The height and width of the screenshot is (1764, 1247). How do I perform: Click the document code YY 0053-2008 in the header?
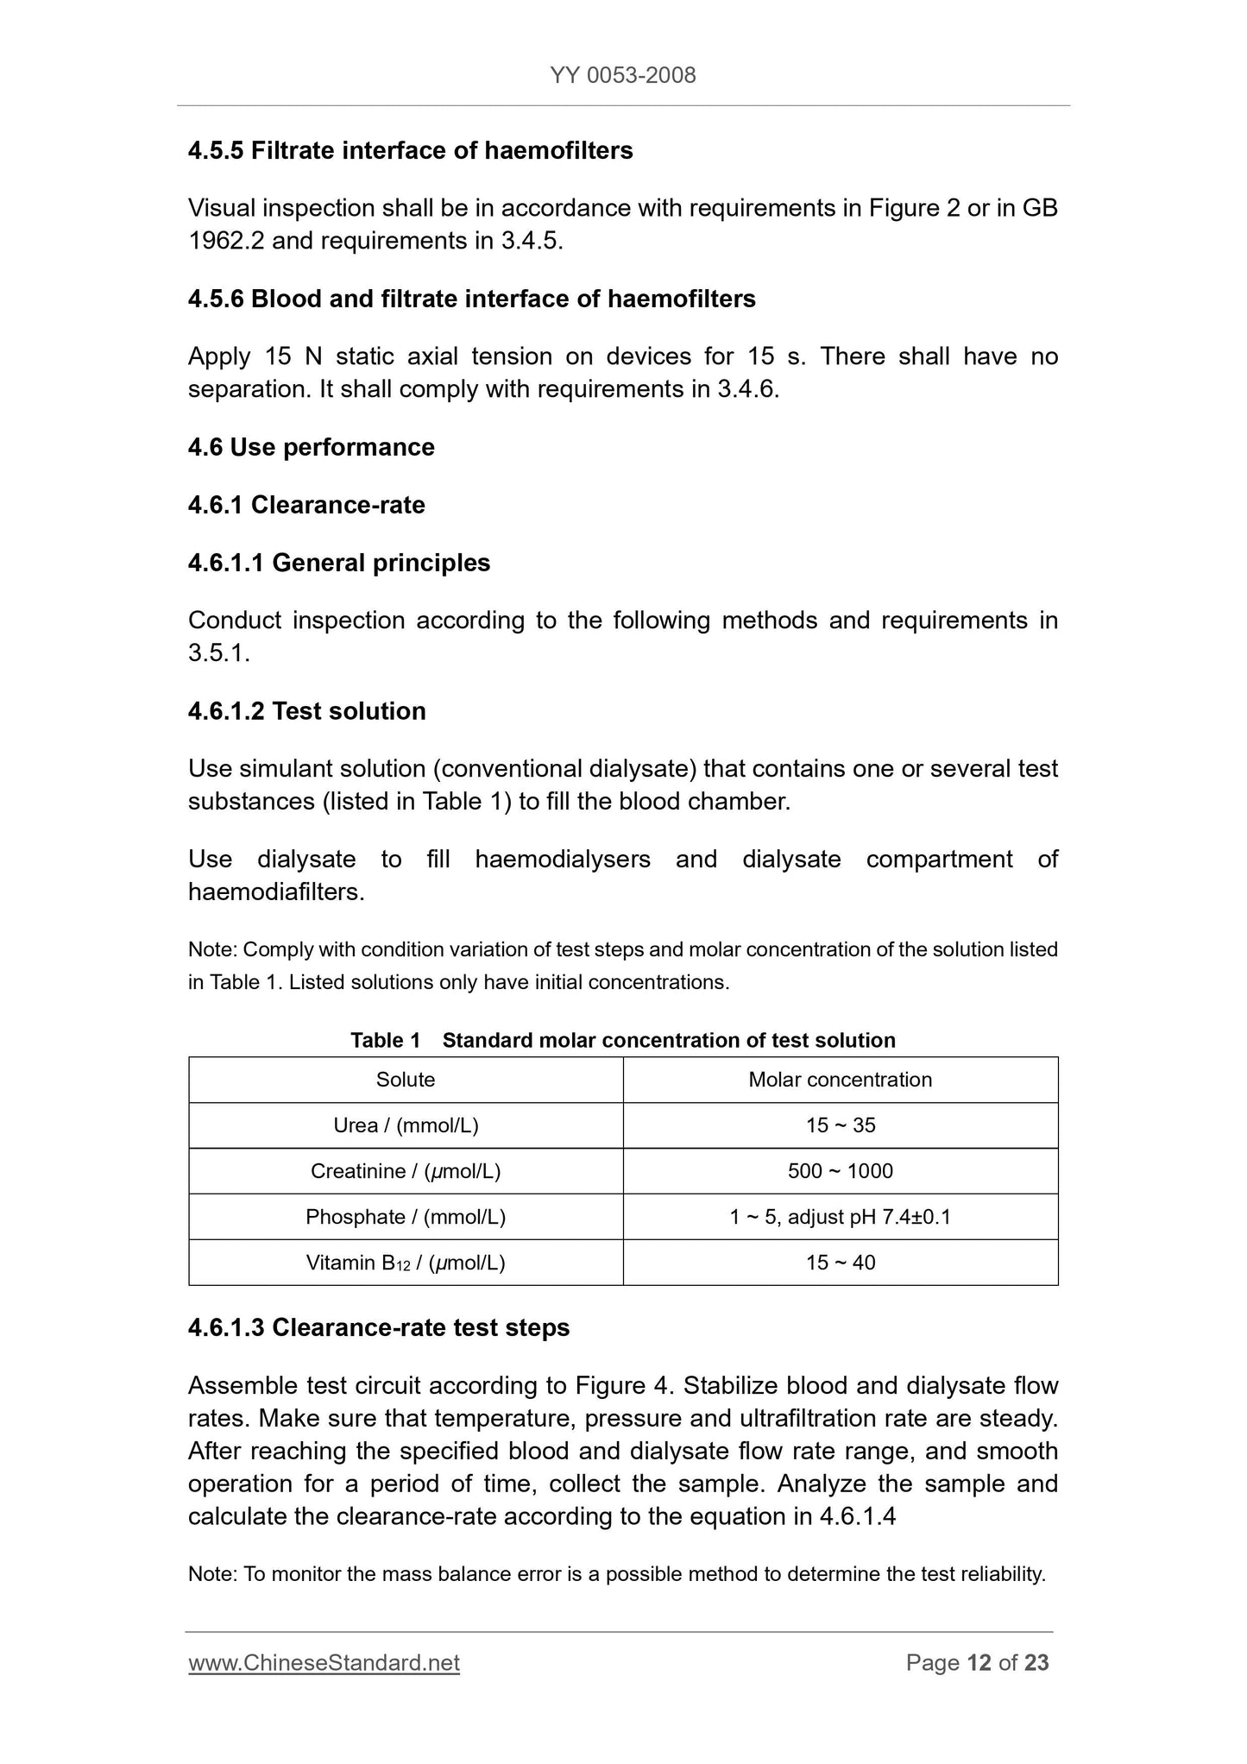[x=622, y=76]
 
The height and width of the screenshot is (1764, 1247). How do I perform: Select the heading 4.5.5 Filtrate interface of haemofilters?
[x=410, y=151]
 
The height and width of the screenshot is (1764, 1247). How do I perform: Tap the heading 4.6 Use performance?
[x=311, y=447]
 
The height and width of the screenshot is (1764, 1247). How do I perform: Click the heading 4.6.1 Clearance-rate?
[x=306, y=505]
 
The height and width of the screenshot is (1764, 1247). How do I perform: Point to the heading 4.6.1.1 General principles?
[x=338, y=563]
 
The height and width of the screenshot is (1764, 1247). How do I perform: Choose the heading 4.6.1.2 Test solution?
[x=306, y=711]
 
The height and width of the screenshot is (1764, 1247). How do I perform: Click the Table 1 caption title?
[x=622, y=1041]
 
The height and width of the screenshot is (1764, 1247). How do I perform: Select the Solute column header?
[x=406, y=1080]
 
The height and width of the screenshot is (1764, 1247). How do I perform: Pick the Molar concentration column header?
[x=840, y=1080]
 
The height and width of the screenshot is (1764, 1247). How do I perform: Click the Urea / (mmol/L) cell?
[x=406, y=1125]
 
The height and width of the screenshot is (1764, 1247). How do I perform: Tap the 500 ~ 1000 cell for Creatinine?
[x=840, y=1171]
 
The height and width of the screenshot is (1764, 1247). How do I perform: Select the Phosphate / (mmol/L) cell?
[x=406, y=1217]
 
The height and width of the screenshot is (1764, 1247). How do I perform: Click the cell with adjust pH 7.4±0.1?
[x=840, y=1217]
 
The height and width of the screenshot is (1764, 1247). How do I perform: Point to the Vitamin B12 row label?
[x=406, y=1263]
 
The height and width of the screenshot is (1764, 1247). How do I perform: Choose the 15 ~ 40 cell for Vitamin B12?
[x=840, y=1263]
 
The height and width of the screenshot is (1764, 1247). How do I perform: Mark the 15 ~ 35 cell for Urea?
[x=840, y=1125]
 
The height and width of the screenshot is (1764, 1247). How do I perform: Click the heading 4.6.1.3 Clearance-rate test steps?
[x=378, y=1327]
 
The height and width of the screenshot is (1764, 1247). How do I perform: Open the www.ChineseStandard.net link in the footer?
[x=324, y=1663]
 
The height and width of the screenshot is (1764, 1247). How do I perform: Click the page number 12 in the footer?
[x=979, y=1663]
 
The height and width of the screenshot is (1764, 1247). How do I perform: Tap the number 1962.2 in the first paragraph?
[x=226, y=241]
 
